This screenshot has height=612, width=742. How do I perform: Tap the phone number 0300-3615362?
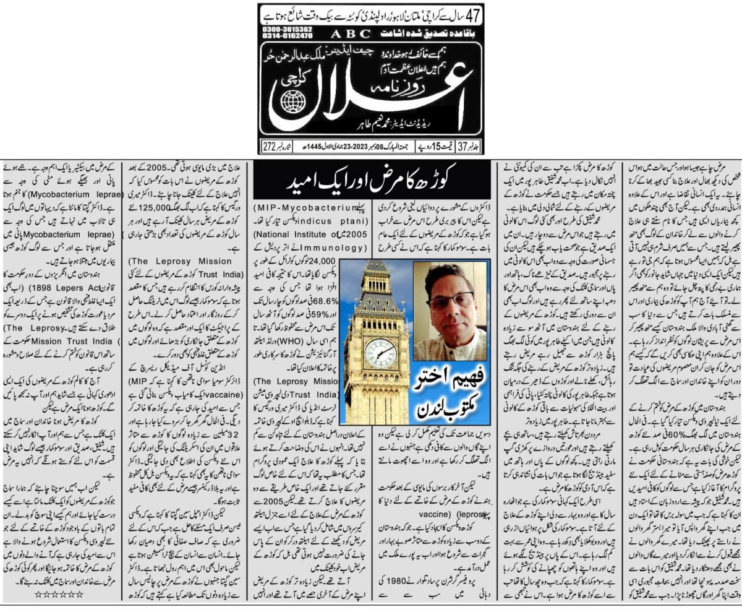pyautogui.click(x=286, y=29)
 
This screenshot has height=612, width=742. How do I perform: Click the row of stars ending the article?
pyautogui.click(x=58, y=595)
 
